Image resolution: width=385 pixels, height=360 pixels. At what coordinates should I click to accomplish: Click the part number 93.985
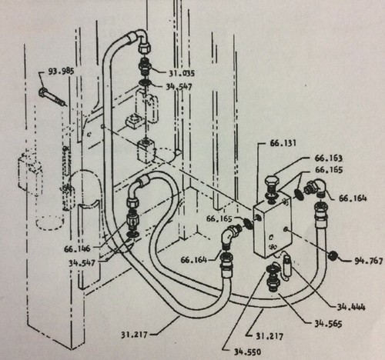pos(62,71)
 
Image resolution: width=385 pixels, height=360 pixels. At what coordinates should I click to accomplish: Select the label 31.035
pos(182,73)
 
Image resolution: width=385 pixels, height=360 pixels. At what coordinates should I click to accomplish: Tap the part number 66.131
pos(283,143)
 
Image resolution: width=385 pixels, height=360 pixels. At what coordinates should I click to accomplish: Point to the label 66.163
pos(329,158)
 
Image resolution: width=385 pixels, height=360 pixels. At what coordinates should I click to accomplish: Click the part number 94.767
pos(369,261)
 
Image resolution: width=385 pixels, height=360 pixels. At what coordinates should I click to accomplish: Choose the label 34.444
pos(351,307)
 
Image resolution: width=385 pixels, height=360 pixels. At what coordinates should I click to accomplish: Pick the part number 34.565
pos(328,324)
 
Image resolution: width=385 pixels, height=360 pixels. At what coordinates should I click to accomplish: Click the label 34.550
pos(247,352)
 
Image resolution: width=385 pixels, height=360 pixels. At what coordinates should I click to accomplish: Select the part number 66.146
pos(77,248)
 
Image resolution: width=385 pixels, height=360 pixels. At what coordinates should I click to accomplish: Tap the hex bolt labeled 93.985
pos(52,97)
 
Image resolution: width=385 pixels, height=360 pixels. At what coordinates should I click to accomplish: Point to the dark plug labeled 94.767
pos(333,255)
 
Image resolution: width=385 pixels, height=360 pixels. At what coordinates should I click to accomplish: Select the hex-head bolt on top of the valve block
pos(272,189)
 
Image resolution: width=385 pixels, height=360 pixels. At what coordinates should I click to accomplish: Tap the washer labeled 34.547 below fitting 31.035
pos(145,82)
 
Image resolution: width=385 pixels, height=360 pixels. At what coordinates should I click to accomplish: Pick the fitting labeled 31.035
pos(145,68)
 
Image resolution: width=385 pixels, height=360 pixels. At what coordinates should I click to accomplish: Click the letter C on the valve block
pos(271,238)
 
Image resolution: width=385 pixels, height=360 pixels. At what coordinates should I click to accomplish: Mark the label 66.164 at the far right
pos(353,198)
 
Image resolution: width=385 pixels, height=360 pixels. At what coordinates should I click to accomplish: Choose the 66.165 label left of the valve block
pos(219,218)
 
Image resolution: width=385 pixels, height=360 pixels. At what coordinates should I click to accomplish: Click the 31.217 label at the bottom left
pos(135,335)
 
